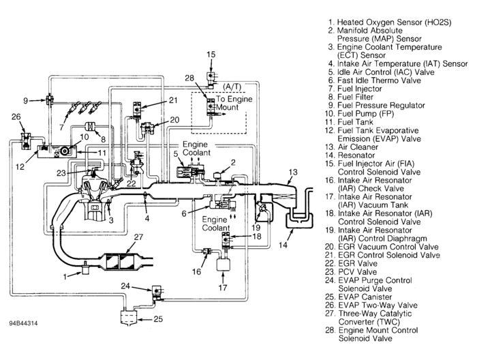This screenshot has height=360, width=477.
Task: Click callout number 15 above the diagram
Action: click(211, 54)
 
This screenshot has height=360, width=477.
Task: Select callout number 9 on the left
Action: click(25, 100)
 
